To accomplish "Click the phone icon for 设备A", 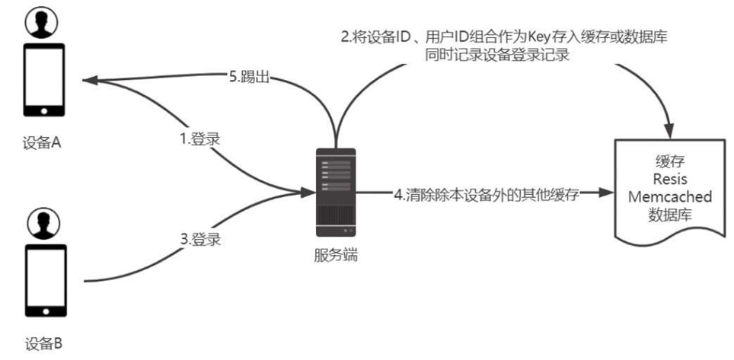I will (44, 81).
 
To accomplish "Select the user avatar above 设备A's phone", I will (44, 24).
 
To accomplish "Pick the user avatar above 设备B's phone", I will (44, 223).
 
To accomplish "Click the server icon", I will (335, 191).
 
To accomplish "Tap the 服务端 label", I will (335, 256).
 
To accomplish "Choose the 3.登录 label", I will (201, 239).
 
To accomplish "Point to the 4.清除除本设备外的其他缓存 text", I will (487, 195).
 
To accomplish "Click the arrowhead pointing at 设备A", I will (91, 78).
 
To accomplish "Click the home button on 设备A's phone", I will (44, 110).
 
